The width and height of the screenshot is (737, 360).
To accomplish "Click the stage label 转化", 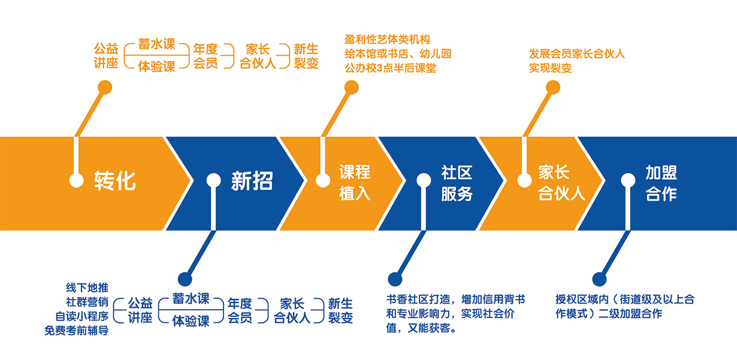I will [114, 181].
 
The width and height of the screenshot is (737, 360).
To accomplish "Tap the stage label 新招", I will [252, 181].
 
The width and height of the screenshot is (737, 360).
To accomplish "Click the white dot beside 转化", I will [76, 180].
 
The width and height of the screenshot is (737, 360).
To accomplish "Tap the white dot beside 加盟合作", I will [628, 180].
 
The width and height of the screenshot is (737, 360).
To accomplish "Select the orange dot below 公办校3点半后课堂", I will [352, 87].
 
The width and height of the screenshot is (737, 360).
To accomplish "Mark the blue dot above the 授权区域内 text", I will [598, 279].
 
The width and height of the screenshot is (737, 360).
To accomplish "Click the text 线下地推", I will [87, 288].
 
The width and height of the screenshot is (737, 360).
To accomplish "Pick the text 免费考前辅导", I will [76, 330].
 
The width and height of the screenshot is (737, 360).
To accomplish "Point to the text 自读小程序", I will [81, 316].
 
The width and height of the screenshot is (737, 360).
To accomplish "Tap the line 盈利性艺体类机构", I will [387, 40].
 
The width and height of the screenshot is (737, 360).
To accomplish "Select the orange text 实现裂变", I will [550, 68].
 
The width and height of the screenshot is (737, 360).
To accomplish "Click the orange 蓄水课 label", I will [156, 45].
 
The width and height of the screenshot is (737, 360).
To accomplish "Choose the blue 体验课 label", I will [191, 320].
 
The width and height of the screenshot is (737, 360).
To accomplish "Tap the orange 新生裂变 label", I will [306, 56].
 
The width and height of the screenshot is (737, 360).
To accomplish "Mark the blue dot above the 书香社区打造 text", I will [394, 279].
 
